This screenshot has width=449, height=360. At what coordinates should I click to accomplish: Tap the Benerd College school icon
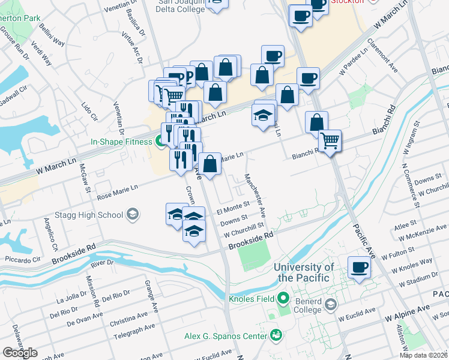tap(331, 305)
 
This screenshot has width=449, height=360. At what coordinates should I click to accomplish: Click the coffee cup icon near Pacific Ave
tap(360, 267)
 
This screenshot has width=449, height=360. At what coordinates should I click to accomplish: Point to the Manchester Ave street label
tap(256, 196)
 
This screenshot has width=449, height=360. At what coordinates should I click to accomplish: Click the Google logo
tap(20, 353)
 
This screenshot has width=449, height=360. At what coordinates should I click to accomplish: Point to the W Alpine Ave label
tap(408, 312)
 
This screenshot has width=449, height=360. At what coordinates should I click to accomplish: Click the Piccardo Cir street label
tap(22, 259)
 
